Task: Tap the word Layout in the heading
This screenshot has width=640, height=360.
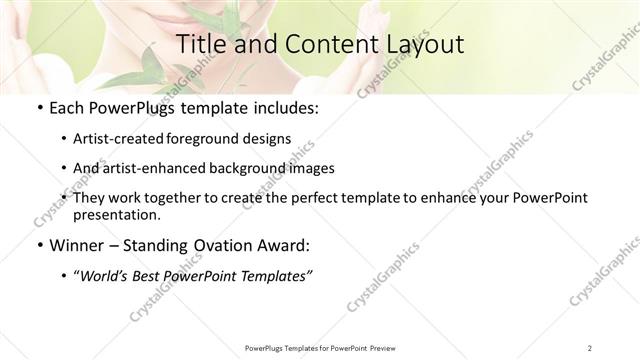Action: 420,45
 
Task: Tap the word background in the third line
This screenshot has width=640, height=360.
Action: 263,168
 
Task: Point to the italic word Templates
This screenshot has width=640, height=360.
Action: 273,276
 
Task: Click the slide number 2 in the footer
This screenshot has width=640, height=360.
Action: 590,347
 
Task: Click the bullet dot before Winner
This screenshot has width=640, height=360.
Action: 38,246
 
